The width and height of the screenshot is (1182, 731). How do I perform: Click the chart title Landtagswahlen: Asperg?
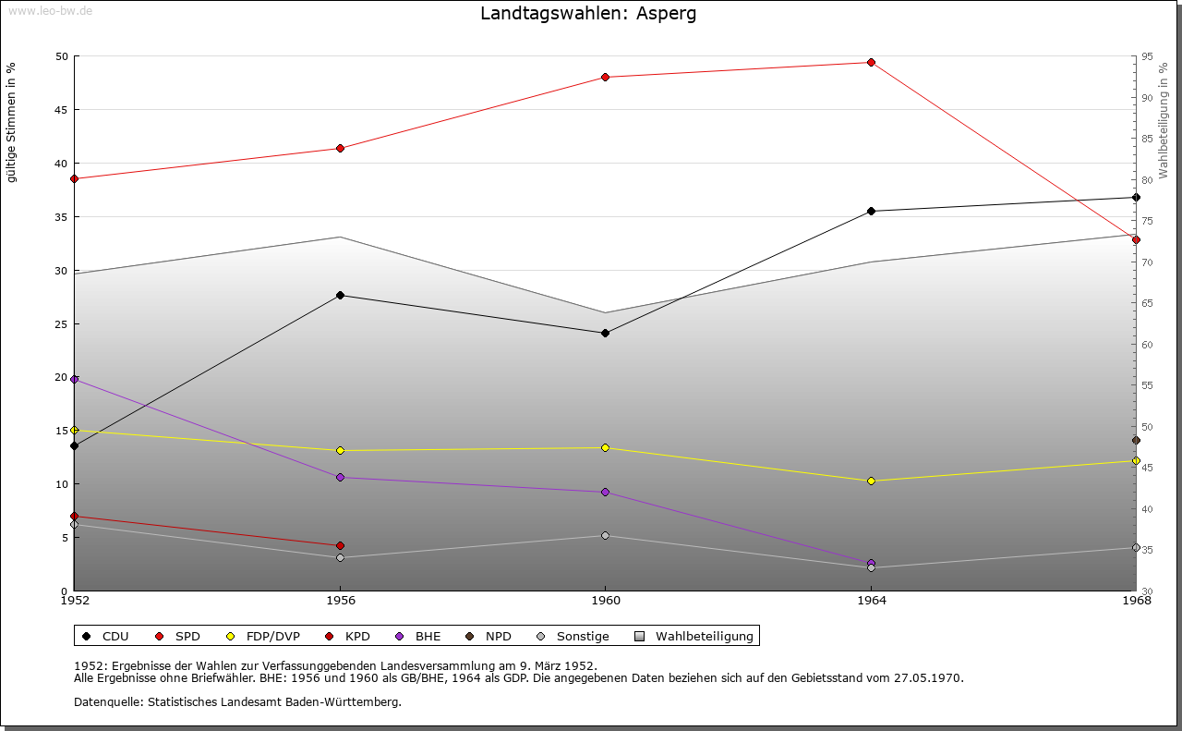[588, 14]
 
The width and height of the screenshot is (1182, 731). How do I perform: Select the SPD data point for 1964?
[871, 62]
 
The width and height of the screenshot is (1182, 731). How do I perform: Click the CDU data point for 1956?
[340, 295]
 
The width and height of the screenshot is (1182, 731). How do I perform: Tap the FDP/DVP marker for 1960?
[605, 447]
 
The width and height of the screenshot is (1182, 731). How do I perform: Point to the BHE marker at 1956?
[340, 477]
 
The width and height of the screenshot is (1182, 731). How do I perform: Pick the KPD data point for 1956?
[340, 545]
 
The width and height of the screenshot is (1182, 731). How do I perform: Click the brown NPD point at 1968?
[1136, 440]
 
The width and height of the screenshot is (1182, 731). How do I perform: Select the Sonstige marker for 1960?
[605, 535]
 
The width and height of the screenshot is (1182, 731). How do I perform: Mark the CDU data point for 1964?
[871, 211]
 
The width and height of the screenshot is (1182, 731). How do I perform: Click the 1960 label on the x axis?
[605, 601]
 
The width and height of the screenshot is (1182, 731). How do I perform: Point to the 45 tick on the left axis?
[61, 110]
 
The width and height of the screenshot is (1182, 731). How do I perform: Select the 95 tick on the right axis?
[1147, 56]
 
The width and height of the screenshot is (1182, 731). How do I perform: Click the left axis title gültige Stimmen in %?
[12, 122]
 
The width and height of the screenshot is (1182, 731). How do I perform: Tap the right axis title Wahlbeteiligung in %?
[1164, 120]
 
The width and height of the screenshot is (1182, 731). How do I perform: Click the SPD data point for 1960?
[605, 77]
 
